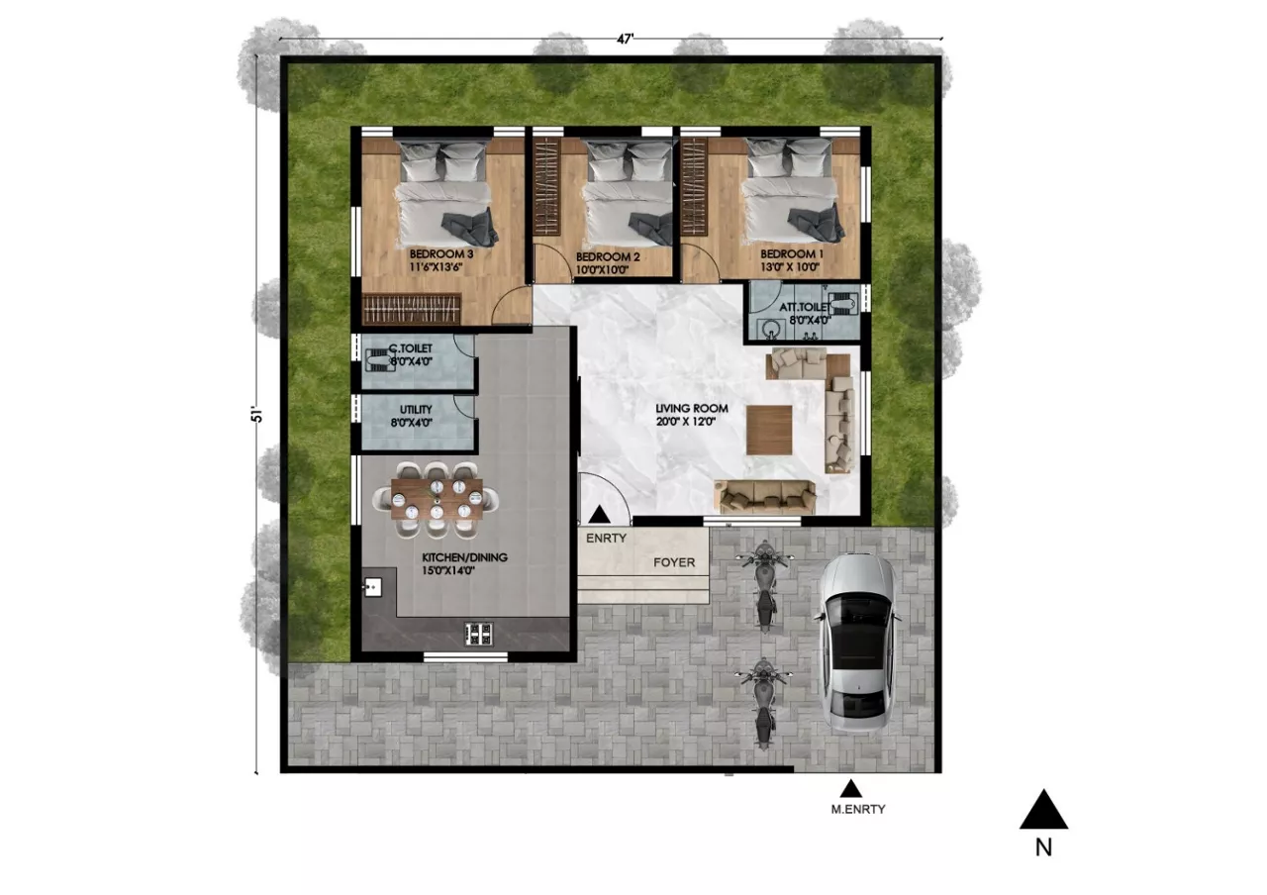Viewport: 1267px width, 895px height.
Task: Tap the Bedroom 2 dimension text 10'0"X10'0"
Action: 602,270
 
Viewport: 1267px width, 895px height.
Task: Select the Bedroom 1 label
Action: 792,254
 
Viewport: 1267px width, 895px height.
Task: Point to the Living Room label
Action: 692,408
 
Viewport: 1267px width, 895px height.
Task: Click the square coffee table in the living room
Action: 769,430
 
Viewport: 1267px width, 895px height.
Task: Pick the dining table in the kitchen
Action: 437,499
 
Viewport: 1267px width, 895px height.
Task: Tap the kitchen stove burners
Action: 478,635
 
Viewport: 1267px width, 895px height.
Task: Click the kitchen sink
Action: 372,587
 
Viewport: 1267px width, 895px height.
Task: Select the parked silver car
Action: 857,643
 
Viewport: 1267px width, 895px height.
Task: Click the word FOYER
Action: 674,562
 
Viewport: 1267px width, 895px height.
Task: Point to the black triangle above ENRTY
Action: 600,515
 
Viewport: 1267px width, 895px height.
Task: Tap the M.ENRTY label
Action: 858,810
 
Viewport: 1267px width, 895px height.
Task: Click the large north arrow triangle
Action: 1043,810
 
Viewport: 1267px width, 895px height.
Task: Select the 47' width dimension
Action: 625,39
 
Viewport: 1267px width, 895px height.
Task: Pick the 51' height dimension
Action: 257,415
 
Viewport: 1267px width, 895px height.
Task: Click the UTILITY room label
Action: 416,410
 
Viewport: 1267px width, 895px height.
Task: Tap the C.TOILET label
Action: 411,348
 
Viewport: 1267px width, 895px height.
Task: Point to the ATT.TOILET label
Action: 805,307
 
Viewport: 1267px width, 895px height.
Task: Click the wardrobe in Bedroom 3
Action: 411,309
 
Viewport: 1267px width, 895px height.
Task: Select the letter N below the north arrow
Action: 1043,847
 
